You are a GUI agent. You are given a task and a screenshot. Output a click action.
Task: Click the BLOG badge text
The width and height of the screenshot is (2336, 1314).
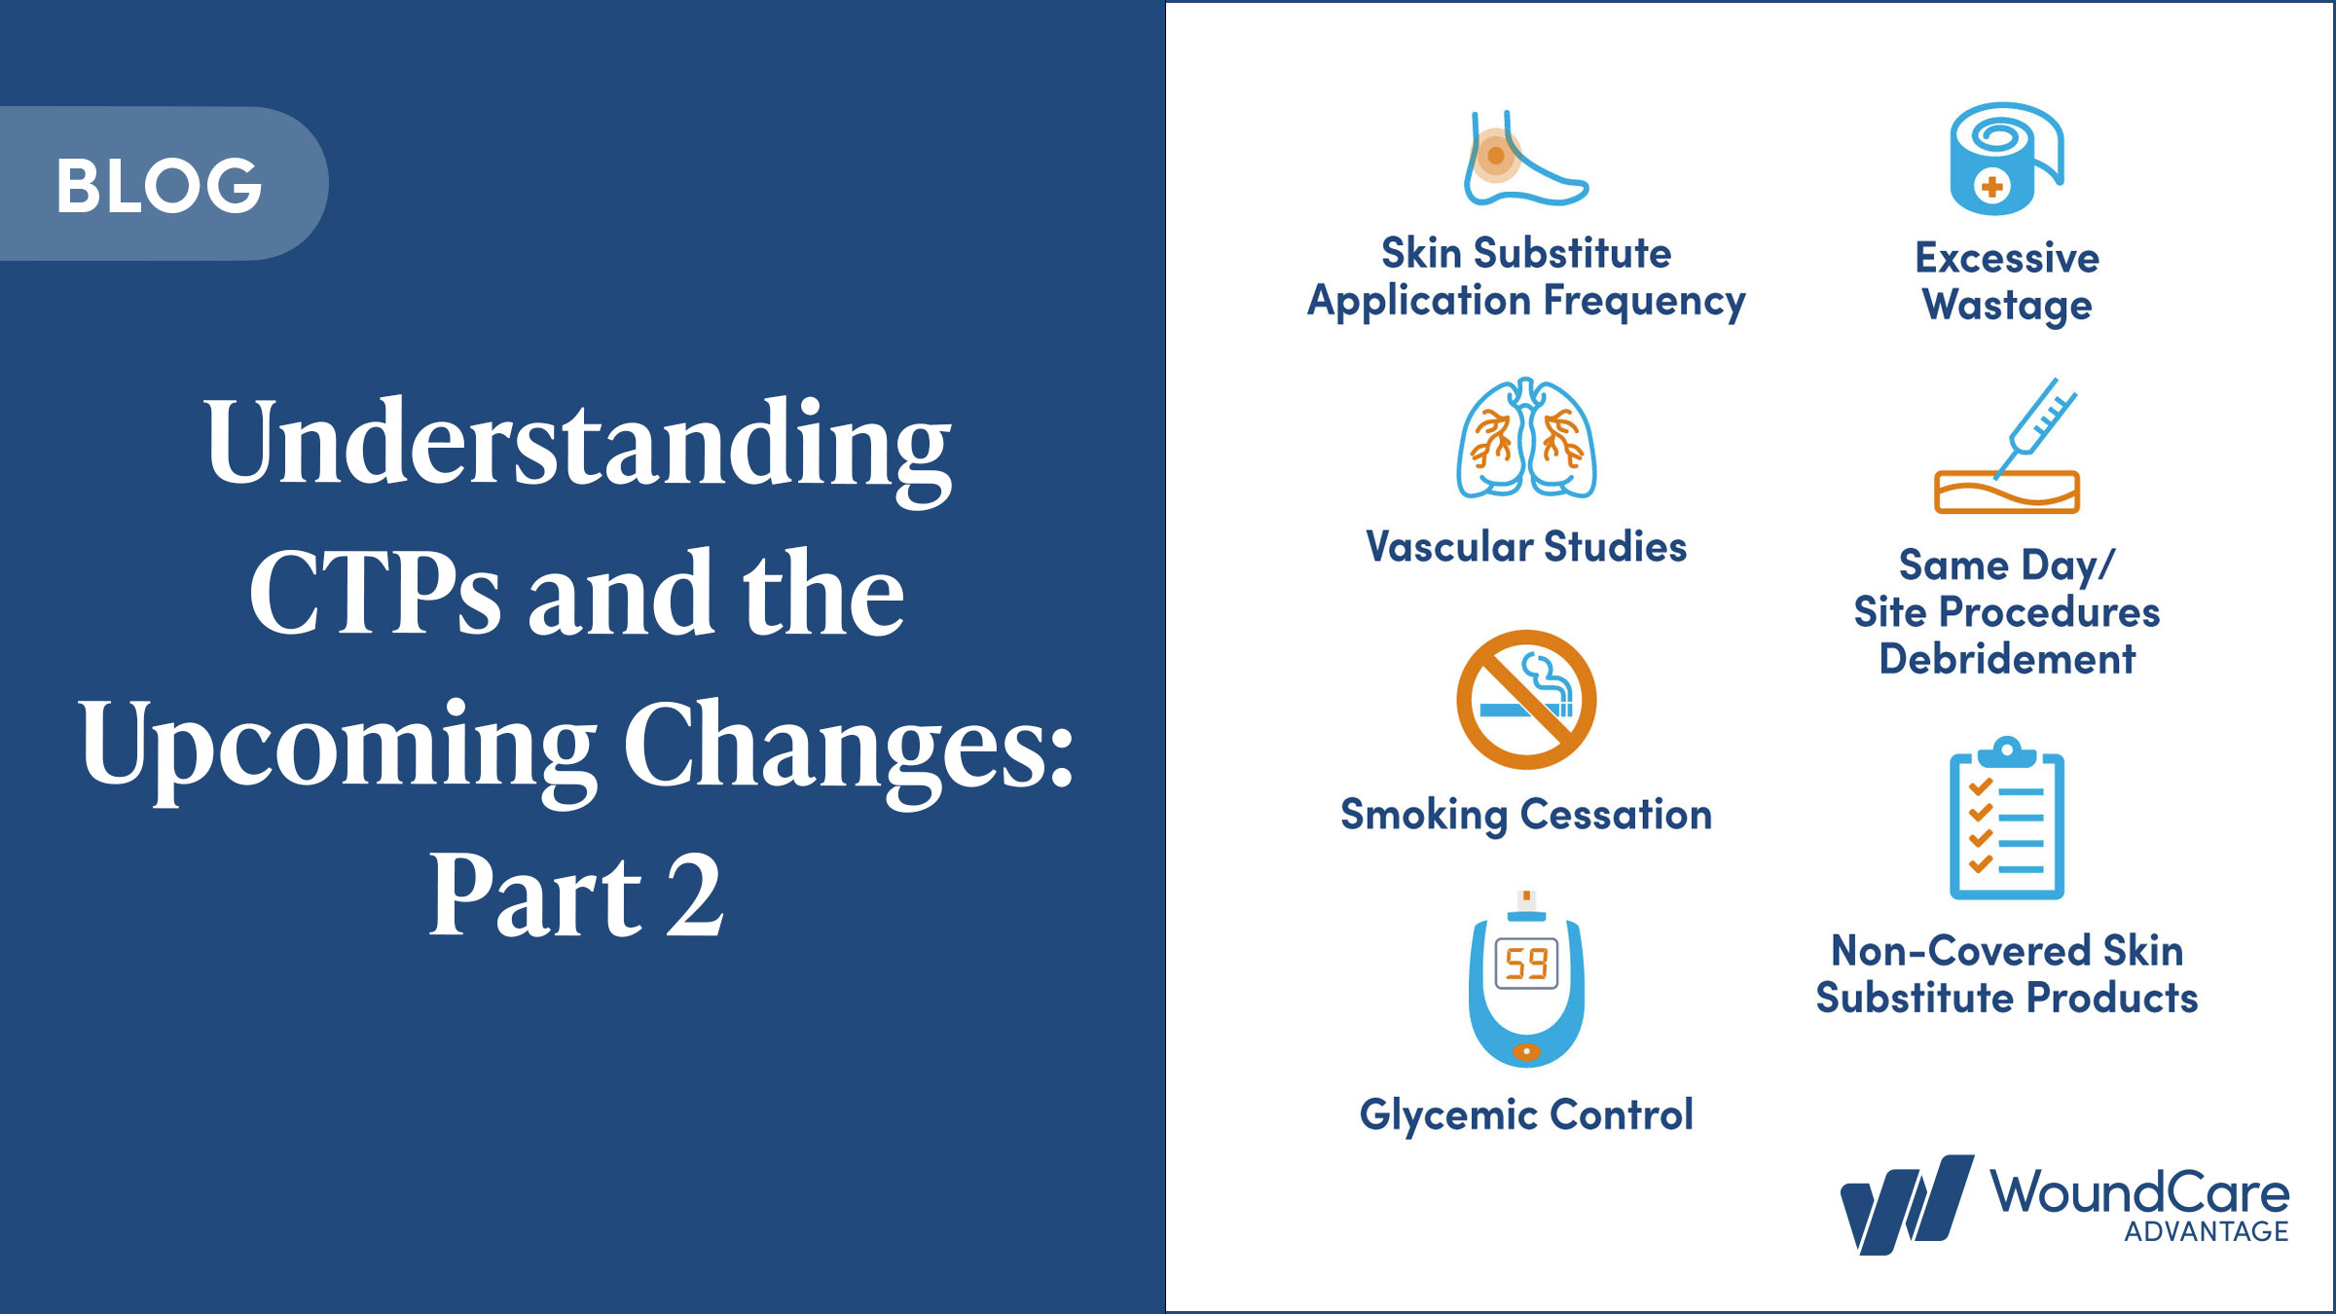pos(159,185)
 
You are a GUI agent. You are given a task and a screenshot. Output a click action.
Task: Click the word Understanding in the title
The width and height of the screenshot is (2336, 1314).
pos(577,443)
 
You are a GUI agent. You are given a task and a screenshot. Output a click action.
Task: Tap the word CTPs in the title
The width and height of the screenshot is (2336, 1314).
pos(375,594)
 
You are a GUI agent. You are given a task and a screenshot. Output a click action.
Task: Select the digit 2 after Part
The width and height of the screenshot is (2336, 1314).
pos(695,895)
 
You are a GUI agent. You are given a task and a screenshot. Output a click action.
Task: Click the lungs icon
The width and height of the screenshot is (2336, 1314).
pos(1526,440)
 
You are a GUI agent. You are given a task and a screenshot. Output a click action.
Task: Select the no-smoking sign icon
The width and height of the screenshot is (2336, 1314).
pos(1526,699)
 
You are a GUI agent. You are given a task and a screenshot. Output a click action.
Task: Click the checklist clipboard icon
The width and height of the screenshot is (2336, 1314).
pos(2007,821)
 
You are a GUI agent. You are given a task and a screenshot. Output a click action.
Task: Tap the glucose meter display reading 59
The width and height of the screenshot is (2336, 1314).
pos(1526,964)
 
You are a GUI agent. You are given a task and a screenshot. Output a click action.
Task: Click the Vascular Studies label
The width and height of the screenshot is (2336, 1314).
pos(1526,547)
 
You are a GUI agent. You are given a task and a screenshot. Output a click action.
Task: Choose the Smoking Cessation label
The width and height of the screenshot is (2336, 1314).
pos(1526,815)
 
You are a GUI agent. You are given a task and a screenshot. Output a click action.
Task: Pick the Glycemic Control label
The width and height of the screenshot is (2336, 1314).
pos(1526,1115)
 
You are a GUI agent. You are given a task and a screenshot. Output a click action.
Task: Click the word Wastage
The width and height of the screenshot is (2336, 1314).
pos(2007,306)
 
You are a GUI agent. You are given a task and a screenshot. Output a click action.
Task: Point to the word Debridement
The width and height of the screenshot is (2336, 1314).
pos(2007,660)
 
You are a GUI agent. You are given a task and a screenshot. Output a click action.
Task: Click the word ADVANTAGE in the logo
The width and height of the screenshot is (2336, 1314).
pos(2206,1232)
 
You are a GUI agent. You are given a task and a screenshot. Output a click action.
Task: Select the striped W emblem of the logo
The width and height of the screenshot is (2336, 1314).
pos(1906,1205)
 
